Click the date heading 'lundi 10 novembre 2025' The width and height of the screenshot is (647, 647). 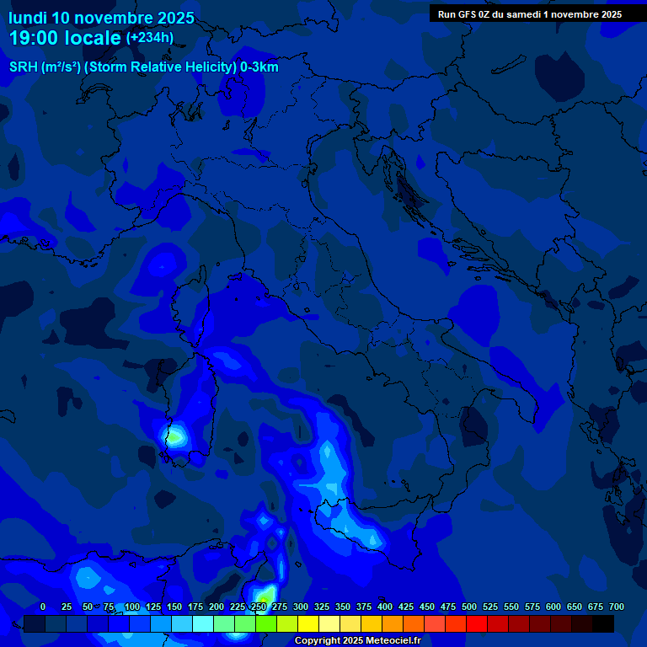click(101, 18)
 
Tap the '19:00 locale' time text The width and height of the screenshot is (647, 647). click(65, 39)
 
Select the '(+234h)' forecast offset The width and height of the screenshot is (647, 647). click(150, 38)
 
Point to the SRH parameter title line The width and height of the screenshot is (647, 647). click(143, 67)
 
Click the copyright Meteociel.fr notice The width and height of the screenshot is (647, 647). click(357, 641)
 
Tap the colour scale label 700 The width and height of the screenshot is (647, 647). click(616, 607)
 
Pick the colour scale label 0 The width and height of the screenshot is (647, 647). click(43, 607)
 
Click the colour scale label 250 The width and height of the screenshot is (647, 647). click(259, 607)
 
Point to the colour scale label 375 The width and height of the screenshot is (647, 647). click(364, 607)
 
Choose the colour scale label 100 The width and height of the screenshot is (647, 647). click(132, 607)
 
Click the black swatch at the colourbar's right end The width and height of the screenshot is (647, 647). click(603, 623)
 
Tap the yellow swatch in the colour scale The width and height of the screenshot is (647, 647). click(308, 623)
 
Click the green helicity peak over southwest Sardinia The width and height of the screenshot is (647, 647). click(174, 437)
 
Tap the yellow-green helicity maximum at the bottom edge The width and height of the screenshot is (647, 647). click(264, 596)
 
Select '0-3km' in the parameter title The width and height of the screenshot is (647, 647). click(259, 67)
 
